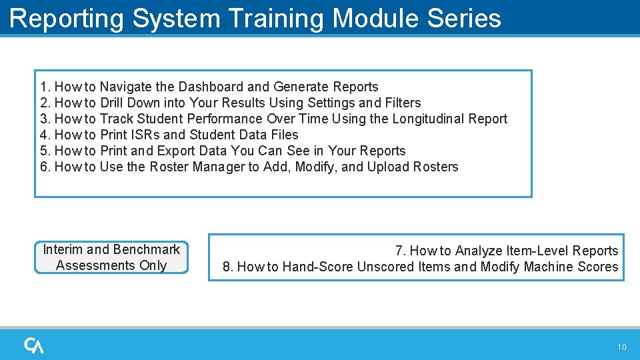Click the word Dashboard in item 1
[x=210, y=87]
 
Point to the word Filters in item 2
[x=403, y=103]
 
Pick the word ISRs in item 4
[x=144, y=135]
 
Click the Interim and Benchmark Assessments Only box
[x=111, y=257]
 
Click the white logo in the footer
[x=34, y=345]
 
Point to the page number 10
[x=621, y=347]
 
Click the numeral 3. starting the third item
[x=45, y=119]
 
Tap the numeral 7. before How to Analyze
[x=400, y=251]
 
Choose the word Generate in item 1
[x=301, y=87]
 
